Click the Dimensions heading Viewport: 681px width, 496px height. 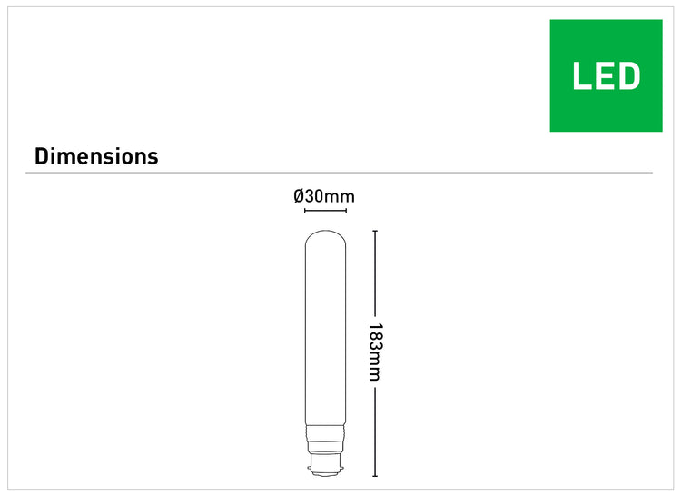coord(96,156)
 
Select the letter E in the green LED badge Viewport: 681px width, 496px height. coord(605,76)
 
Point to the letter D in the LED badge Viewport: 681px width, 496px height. coord(629,76)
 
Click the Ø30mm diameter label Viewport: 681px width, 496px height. coord(324,196)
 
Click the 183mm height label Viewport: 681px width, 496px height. coord(375,352)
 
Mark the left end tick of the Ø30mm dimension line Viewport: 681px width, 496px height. coord(305,211)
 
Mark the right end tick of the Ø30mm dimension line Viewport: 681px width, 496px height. coord(346,211)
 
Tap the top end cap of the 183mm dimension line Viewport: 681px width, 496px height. coord(375,231)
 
